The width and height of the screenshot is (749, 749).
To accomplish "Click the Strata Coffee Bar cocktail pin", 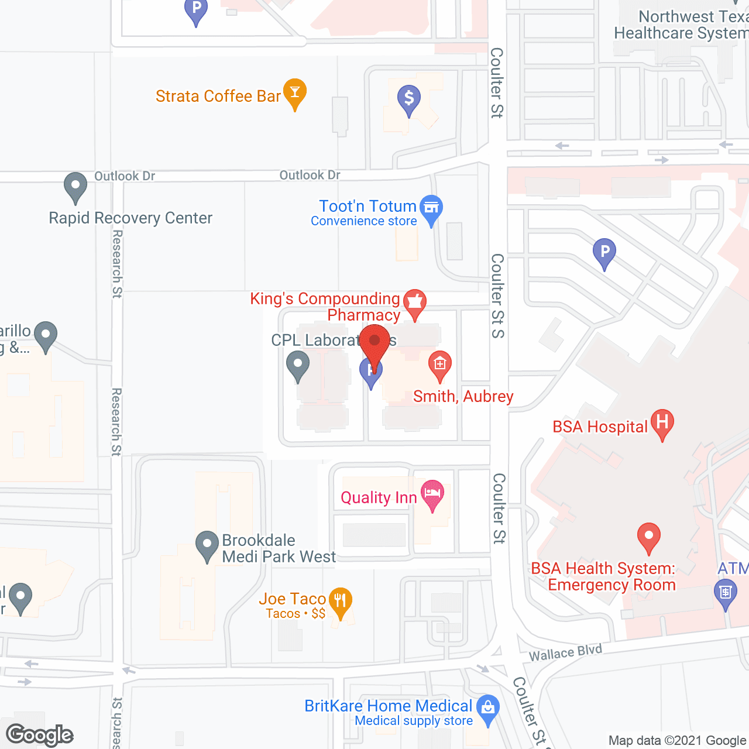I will pyautogui.click(x=295, y=93).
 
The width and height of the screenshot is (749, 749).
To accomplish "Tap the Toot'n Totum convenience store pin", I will pyautogui.click(x=431, y=208).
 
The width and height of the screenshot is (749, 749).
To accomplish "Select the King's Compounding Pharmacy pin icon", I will pyautogui.click(x=415, y=303).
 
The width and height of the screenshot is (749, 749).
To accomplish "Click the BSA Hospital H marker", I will pyautogui.click(x=662, y=423).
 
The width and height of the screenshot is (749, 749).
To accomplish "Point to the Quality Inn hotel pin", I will pyautogui.click(x=432, y=494).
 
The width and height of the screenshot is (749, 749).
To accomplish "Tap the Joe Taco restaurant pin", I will pyautogui.click(x=340, y=602).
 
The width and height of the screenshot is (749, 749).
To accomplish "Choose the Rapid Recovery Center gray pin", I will pyautogui.click(x=75, y=187).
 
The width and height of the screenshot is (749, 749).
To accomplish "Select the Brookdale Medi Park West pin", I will pyautogui.click(x=207, y=545).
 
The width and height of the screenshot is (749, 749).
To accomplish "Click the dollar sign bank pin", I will pyautogui.click(x=409, y=99).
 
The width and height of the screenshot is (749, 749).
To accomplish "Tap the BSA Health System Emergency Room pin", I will pyautogui.click(x=648, y=537).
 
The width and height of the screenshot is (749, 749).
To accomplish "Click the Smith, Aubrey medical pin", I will pyautogui.click(x=439, y=365).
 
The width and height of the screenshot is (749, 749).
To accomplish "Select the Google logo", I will pyautogui.click(x=40, y=735).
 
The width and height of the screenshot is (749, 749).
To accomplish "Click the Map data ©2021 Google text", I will pyautogui.click(x=678, y=741).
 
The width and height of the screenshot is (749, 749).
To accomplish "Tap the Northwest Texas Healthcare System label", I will pyautogui.click(x=681, y=25).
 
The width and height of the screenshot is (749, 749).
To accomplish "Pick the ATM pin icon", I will pyautogui.click(x=726, y=592).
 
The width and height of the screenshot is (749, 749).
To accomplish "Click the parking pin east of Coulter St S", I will pyautogui.click(x=604, y=252).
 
